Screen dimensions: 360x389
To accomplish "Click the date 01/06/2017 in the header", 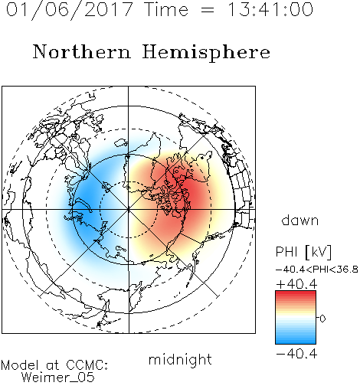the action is (x=70, y=10).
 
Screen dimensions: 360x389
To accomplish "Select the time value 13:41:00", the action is (x=270, y=9).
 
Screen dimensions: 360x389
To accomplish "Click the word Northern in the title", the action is (x=82, y=51).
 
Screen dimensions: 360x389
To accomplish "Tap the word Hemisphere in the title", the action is (x=206, y=53).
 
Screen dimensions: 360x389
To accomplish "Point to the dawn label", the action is (x=300, y=220).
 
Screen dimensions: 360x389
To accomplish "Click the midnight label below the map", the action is (x=180, y=360).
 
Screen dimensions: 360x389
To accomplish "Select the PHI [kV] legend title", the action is (x=304, y=252).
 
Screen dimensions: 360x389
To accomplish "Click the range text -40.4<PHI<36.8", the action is (x=317, y=270).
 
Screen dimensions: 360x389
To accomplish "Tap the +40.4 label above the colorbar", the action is (x=296, y=284).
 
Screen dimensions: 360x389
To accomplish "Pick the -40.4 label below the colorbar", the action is (x=296, y=354).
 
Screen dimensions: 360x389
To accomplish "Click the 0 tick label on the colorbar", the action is (x=322, y=319).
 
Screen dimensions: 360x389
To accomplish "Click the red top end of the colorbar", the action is (x=296, y=293).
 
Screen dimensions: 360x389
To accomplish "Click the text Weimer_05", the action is (x=58, y=378).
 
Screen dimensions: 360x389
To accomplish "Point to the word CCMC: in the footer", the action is (x=87, y=365).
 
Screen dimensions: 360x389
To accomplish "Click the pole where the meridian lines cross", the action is (x=129, y=210).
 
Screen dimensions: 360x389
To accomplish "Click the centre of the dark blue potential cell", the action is (x=86, y=204).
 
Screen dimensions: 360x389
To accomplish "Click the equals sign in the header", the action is (x=207, y=10).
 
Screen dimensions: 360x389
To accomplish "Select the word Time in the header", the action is (x=166, y=9).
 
